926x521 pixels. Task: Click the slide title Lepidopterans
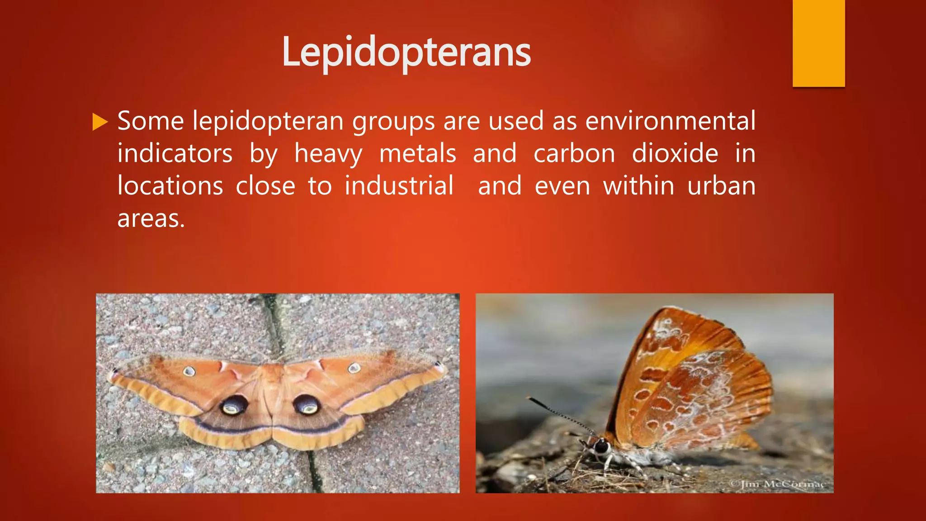406,52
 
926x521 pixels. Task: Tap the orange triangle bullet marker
100,122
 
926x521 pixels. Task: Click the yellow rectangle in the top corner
818,43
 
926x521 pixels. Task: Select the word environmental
670,121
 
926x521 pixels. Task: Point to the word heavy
328,154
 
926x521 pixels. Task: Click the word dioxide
675,153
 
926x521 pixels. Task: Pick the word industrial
399,186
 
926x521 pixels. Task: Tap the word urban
721,186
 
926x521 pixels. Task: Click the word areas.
151,219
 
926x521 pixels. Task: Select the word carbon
574,154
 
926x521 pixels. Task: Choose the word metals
418,154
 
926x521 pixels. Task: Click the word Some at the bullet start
151,121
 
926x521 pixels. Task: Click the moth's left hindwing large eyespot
234,405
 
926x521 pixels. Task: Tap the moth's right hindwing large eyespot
307,404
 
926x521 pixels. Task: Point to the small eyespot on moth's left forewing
189,371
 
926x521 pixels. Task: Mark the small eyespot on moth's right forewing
354,368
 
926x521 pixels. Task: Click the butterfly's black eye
602,447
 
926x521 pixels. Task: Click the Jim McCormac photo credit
777,484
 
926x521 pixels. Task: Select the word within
638,186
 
